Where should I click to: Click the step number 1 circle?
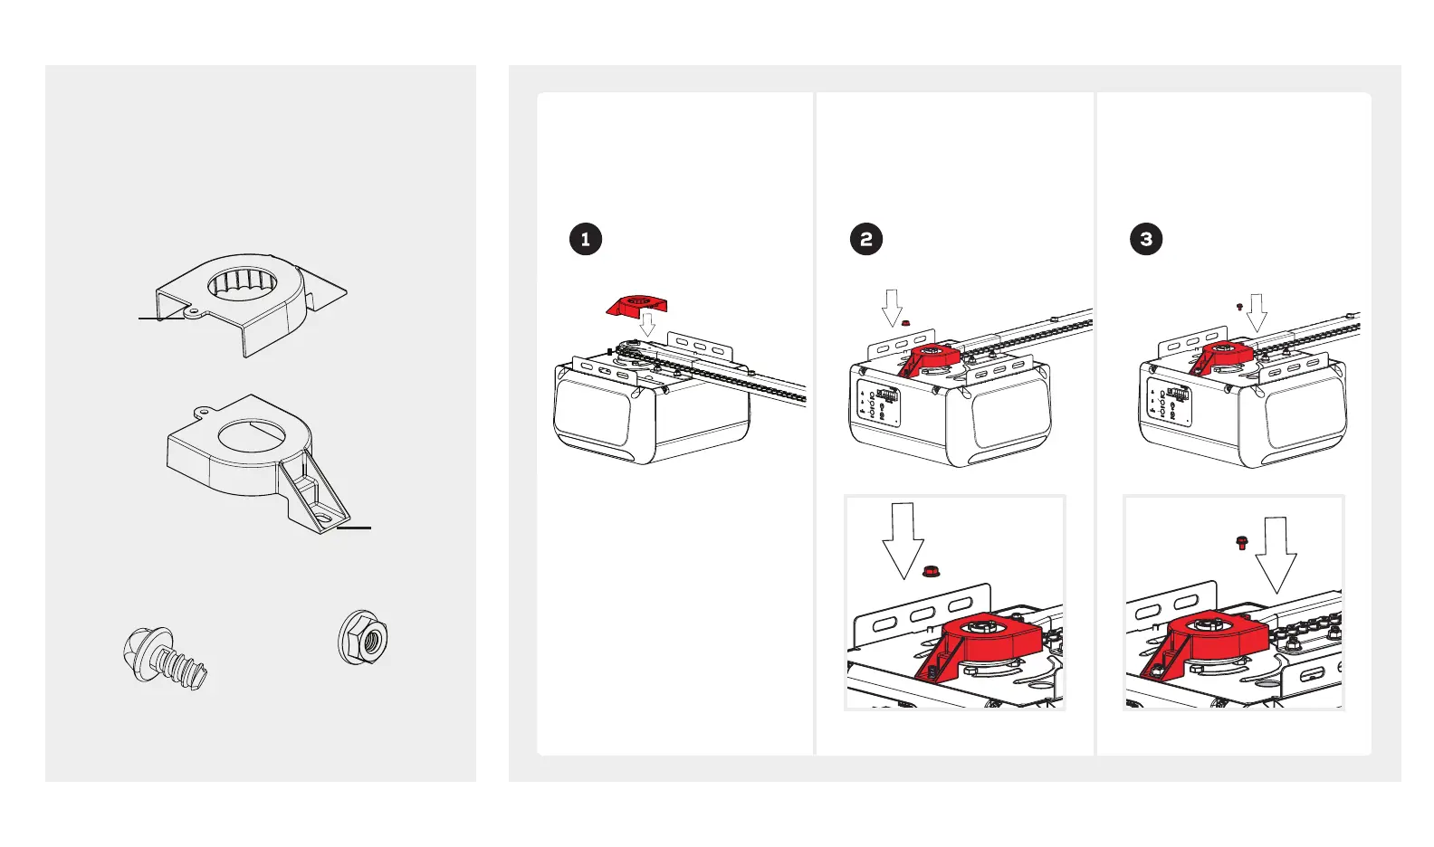tap(586, 239)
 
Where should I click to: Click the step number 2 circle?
tap(866, 239)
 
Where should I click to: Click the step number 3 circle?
tap(1146, 239)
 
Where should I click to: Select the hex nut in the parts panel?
tap(363, 636)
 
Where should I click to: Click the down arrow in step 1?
tap(647, 323)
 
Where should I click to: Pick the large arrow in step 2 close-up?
tap(903, 543)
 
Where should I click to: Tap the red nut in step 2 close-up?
tap(930, 571)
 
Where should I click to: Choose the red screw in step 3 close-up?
tap(1241, 542)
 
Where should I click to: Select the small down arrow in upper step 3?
tap(1257, 312)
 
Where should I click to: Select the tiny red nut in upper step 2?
tap(905, 323)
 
